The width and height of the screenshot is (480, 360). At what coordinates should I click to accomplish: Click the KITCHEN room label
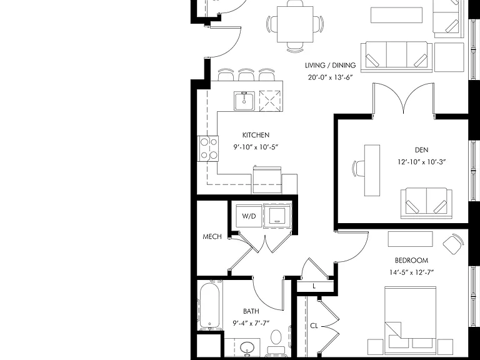pos(256,135)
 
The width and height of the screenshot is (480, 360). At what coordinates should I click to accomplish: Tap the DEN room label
pos(421,150)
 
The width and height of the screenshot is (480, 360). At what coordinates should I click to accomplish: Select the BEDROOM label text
pos(411,261)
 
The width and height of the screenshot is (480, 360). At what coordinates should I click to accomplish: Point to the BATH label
pos(251,311)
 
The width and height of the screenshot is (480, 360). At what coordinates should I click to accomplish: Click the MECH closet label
pos(212,237)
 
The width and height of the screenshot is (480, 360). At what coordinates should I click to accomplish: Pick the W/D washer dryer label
pos(249,216)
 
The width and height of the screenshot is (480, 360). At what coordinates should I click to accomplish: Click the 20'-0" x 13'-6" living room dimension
pos(330,77)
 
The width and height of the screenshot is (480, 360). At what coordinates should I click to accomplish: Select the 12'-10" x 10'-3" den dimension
pos(421,162)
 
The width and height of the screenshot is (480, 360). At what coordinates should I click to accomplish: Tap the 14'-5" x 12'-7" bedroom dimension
pos(411,272)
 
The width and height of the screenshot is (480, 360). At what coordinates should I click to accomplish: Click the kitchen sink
pos(244,101)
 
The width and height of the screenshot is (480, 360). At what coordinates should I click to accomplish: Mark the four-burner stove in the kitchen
pos(207,149)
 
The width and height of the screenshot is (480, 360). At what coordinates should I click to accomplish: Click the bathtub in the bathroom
pos(210,306)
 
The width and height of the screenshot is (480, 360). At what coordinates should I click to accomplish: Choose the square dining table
pos(295,24)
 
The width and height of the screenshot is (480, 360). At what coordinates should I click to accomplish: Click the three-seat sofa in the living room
pos(396,57)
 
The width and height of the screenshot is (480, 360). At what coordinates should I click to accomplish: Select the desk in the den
pos(372,170)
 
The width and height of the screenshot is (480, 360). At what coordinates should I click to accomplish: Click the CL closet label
pos(314,326)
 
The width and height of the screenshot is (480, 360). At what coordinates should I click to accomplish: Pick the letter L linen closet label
pos(314,286)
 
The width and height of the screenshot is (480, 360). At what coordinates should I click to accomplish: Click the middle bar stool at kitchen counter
pos(246,75)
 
